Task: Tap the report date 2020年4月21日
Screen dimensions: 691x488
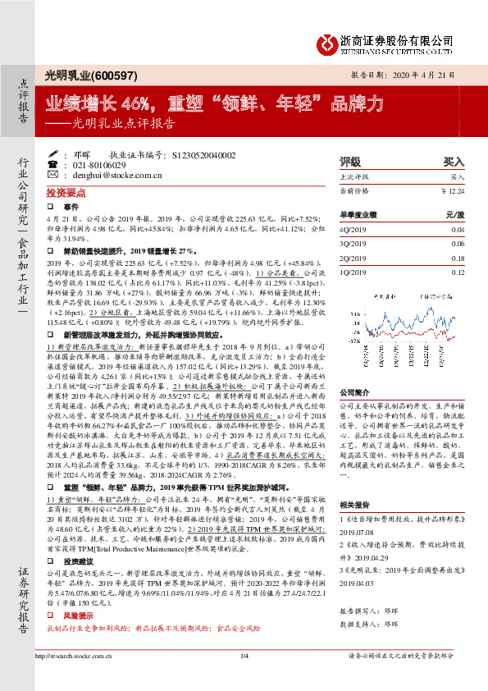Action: click(419, 75)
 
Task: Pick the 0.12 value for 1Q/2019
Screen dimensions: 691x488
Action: click(458, 272)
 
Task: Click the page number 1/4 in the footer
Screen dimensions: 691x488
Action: click(244, 679)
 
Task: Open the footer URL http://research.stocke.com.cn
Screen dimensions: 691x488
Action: click(88, 679)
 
